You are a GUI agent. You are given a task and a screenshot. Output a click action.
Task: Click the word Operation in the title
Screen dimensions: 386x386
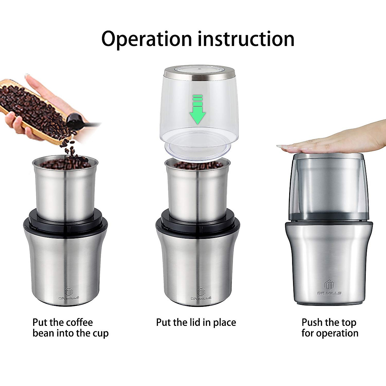click(x=146, y=39)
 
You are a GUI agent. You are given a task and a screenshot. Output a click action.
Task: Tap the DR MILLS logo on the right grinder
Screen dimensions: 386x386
click(x=329, y=288)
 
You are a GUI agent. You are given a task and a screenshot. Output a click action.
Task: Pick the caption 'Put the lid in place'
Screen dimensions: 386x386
click(x=196, y=322)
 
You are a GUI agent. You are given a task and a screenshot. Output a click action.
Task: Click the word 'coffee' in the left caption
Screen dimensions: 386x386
click(x=78, y=322)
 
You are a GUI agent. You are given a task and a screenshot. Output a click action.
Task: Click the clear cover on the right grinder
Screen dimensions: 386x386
click(x=329, y=187)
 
